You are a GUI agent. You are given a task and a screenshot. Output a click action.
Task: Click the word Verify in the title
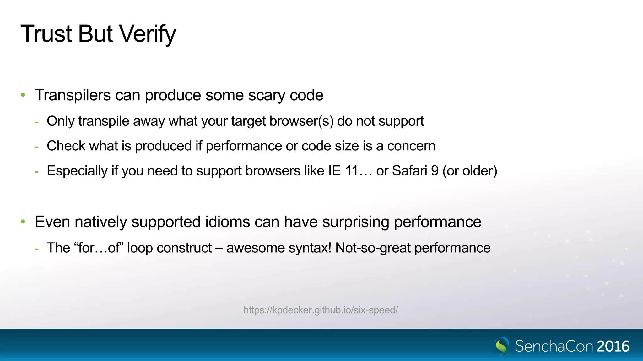[148, 34]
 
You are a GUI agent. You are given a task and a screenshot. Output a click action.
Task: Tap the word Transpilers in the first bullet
[73, 95]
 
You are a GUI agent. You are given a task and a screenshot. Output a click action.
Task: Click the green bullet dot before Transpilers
[23, 95]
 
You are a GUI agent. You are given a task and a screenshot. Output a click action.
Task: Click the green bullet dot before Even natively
[23, 222]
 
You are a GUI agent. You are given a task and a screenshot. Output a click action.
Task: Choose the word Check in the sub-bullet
[66, 146]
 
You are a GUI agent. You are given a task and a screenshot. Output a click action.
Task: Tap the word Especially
[77, 171]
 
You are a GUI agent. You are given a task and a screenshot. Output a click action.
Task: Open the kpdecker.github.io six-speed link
[321, 310]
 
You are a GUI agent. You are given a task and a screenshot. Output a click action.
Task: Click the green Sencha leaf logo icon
[502, 346]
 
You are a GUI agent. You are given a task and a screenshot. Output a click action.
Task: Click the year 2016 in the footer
[613, 347]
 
